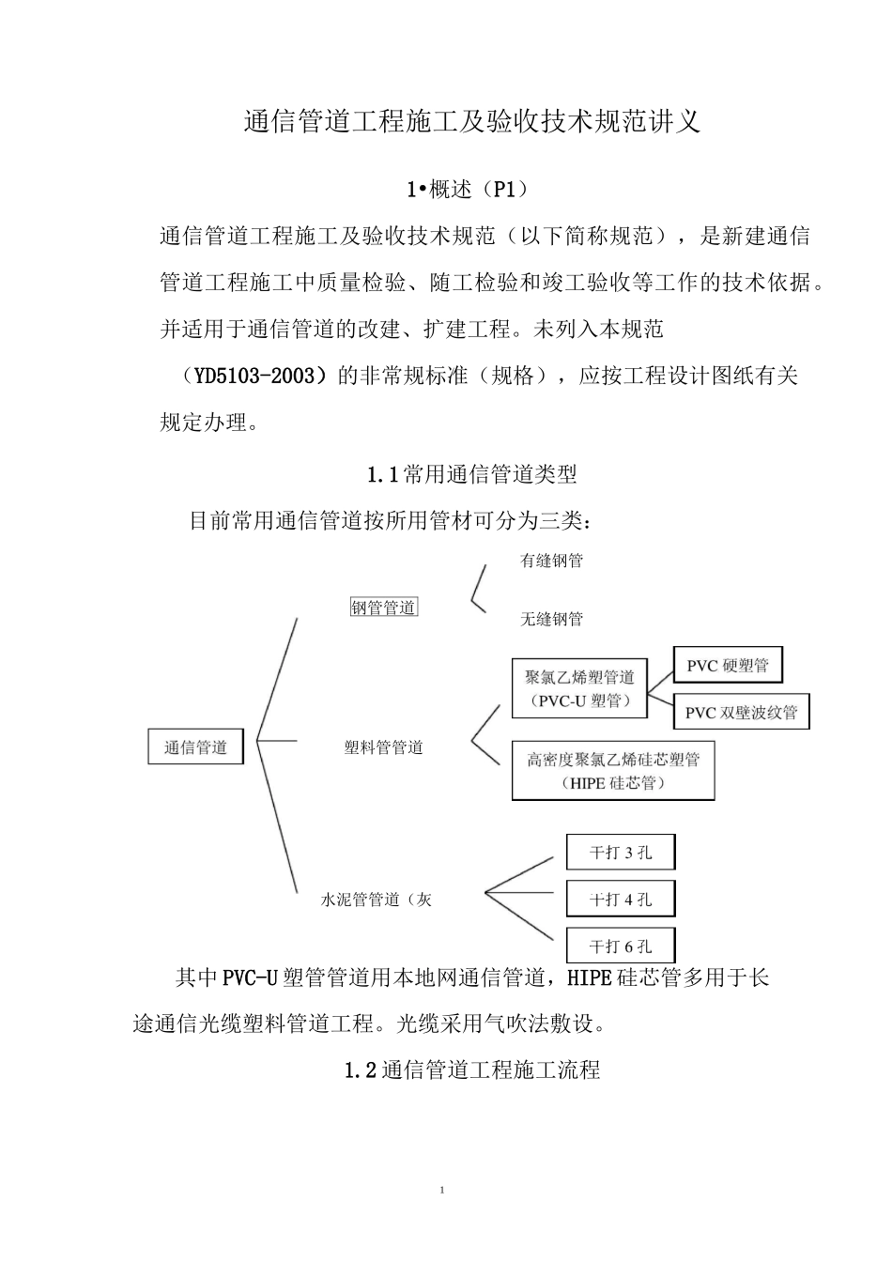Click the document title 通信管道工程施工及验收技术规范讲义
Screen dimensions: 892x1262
(x=471, y=123)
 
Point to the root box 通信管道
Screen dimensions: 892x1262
(x=196, y=747)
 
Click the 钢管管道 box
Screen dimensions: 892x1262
(x=383, y=608)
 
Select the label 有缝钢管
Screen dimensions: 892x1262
(x=551, y=561)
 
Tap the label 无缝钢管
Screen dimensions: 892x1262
(x=551, y=619)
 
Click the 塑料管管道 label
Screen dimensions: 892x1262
(x=383, y=747)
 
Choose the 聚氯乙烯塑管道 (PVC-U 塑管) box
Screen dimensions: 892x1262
(x=579, y=688)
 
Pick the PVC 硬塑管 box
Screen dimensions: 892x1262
(x=728, y=666)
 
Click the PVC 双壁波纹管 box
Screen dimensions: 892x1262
(x=741, y=712)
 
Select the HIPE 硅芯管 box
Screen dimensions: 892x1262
(x=613, y=771)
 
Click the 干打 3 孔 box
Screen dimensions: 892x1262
(x=621, y=853)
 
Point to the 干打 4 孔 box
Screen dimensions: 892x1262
(x=621, y=900)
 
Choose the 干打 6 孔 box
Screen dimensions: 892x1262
(x=621, y=946)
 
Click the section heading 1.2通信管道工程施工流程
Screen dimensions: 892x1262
(x=471, y=1070)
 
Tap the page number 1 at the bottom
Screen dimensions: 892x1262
(x=442, y=1191)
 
